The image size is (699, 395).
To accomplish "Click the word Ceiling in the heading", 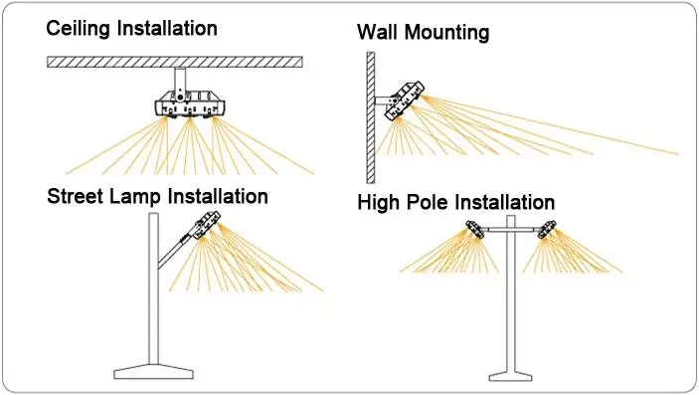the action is (78, 29).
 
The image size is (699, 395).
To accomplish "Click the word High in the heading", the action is (379, 203).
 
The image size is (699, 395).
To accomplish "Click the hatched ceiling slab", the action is (175, 62).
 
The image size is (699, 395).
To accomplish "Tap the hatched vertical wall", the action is (371, 117).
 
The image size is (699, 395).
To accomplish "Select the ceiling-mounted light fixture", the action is (190, 104).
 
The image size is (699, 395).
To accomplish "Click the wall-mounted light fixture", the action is (405, 99).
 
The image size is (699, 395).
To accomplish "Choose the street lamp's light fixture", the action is (205, 225).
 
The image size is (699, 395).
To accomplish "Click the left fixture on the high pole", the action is (475, 229).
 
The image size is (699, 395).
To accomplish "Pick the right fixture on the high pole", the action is (547, 229).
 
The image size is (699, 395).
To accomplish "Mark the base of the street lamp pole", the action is (154, 371).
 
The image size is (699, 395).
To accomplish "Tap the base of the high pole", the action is (511, 376).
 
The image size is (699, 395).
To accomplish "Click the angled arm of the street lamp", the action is (174, 252).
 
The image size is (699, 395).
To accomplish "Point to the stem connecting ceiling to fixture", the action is (180, 83).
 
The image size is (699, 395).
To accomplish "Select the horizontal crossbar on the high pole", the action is (511, 230).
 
